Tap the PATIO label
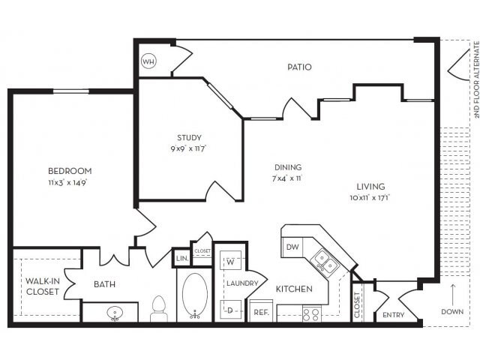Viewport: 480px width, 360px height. pyautogui.click(x=299, y=67)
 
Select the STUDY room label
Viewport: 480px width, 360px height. pyautogui.click(x=189, y=137)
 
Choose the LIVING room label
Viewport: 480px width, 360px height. pyautogui.click(x=370, y=186)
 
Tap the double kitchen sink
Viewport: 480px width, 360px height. pyautogui.click(x=324, y=262)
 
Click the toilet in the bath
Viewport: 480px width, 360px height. pyautogui.click(x=158, y=308)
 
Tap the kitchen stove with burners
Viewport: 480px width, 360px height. pyautogui.click(x=310, y=313)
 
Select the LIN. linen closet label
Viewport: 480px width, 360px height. pyautogui.click(x=181, y=258)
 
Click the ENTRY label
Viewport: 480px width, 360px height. pyautogui.click(x=393, y=315)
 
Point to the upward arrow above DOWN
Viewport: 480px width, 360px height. pyautogui.click(x=453, y=289)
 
